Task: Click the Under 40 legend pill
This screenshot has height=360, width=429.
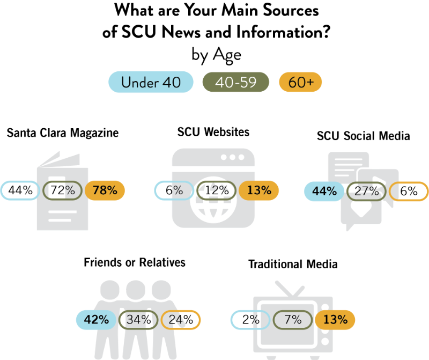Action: (151, 82)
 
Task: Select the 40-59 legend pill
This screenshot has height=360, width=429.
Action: (235, 82)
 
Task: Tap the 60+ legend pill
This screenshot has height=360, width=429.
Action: (300, 82)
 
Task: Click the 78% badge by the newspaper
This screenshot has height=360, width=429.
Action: (105, 190)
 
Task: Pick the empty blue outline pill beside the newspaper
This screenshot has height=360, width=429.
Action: (20, 190)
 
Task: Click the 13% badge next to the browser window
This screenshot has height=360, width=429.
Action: (259, 190)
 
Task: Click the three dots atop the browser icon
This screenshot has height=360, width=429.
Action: (232, 158)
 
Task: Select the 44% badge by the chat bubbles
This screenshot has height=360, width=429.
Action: (324, 191)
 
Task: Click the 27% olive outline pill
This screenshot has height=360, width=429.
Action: (366, 191)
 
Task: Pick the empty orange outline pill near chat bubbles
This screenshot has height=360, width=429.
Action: (409, 191)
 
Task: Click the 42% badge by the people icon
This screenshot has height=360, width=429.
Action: (97, 320)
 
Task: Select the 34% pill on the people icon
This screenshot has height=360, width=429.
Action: (138, 320)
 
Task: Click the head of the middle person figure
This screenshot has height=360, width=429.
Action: (136, 290)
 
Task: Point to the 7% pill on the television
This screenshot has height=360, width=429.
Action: (293, 320)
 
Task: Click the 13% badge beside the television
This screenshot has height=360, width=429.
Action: (335, 320)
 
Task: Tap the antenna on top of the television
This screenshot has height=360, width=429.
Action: (290, 289)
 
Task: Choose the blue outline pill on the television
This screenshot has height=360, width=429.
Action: (250, 320)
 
